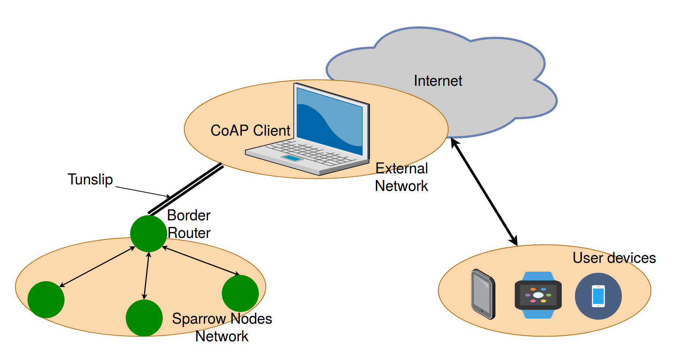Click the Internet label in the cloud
pos(438,81)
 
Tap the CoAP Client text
pos(250,131)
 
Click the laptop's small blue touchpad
pos(292,158)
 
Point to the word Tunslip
pos(90,179)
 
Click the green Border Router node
pos(148,234)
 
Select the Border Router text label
pos(188,224)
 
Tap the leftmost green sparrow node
pos(46,300)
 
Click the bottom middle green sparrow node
pos(144,318)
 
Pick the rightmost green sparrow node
pos(240,293)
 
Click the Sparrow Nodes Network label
pos(222,327)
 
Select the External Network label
pos(401,177)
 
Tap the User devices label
pos(614,258)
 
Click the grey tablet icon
pos(483,294)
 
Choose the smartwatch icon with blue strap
pos(538,295)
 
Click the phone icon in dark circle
pos(598,296)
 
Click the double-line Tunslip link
pos(186,189)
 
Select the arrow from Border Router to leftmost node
pos(97,267)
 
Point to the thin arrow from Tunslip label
pos(143,192)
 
